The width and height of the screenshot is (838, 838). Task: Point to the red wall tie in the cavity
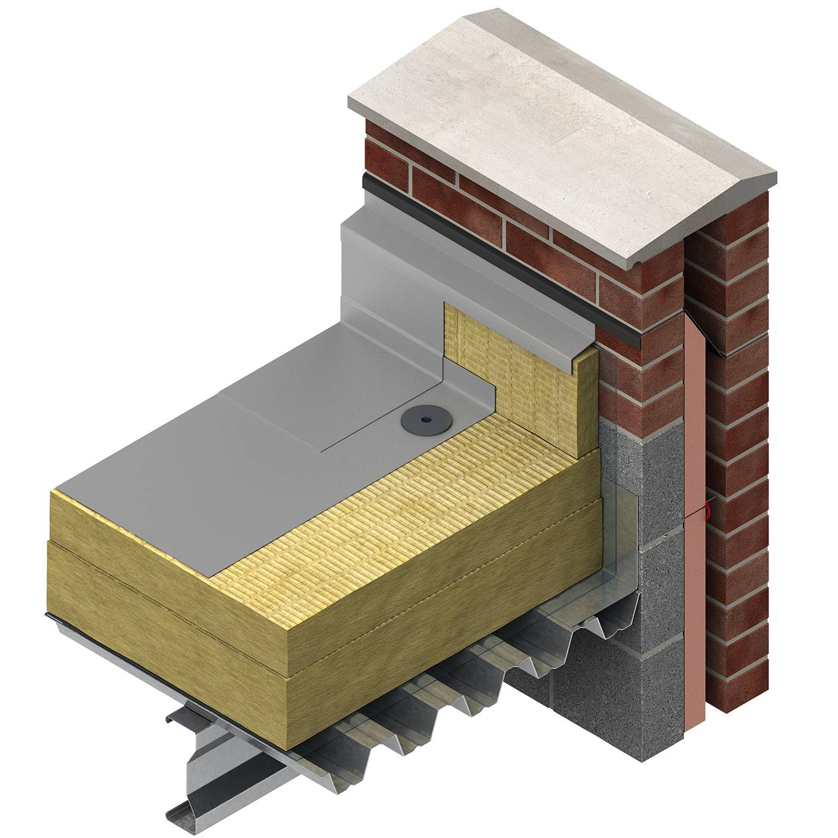point(706,506)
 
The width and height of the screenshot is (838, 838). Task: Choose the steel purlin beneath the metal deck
point(216,773)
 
